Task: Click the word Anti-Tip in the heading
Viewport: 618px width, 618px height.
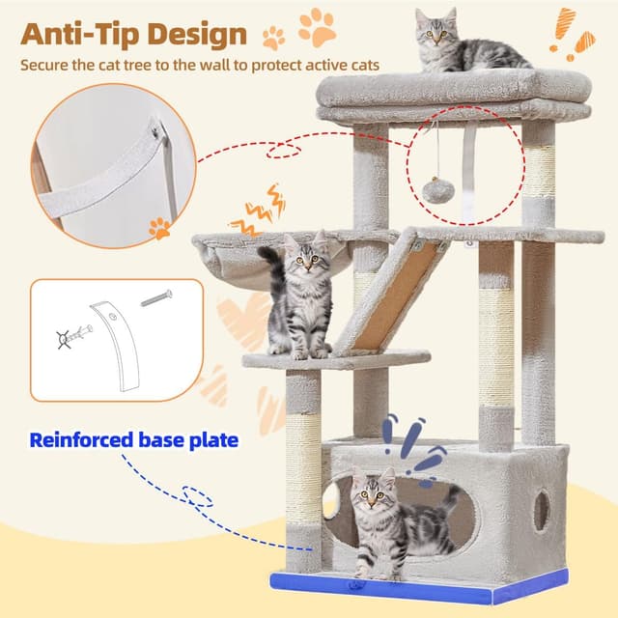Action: pyautogui.click(x=80, y=34)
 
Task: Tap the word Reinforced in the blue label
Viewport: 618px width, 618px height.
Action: pyautogui.click(x=80, y=440)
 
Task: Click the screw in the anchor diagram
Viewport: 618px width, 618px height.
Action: pyautogui.click(x=155, y=297)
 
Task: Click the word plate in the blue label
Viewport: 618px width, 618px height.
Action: pyautogui.click(x=211, y=440)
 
